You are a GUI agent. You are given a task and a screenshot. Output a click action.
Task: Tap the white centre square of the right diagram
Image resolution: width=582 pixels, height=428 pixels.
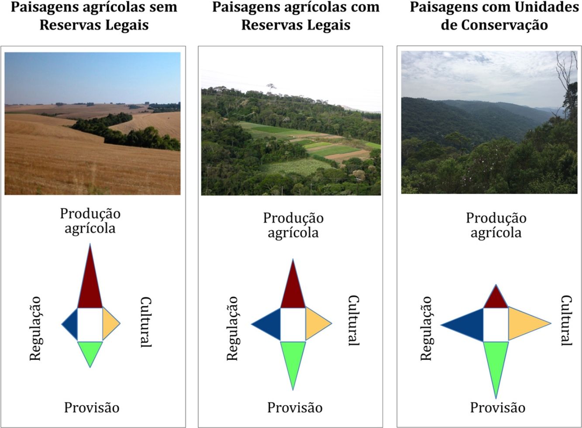pos(496,324)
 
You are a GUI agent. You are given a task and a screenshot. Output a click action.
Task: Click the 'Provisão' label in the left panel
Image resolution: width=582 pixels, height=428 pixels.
pos(92,407)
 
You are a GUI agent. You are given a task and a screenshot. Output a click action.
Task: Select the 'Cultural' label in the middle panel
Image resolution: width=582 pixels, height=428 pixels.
pos(353,321)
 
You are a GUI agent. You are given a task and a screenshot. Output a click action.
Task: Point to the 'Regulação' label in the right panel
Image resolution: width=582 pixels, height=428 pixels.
pos(427,328)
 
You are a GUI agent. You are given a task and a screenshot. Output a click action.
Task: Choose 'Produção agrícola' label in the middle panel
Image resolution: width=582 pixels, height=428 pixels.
pos(293,225)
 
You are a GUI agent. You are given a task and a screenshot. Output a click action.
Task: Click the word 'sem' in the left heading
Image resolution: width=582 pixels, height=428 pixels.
pos(162,7)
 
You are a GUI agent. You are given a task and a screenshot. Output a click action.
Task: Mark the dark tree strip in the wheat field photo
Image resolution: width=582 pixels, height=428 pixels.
pos(127,133)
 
